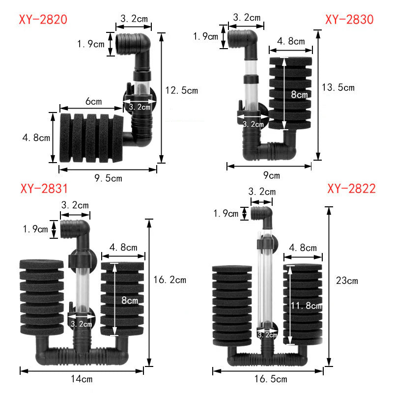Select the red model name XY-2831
(44, 189)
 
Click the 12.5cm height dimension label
(182, 90)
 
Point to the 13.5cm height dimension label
(337, 88)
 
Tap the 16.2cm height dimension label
(170, 280)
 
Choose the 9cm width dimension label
(270, 175)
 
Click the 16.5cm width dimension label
(271, 379)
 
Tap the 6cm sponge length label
(93, 102)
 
